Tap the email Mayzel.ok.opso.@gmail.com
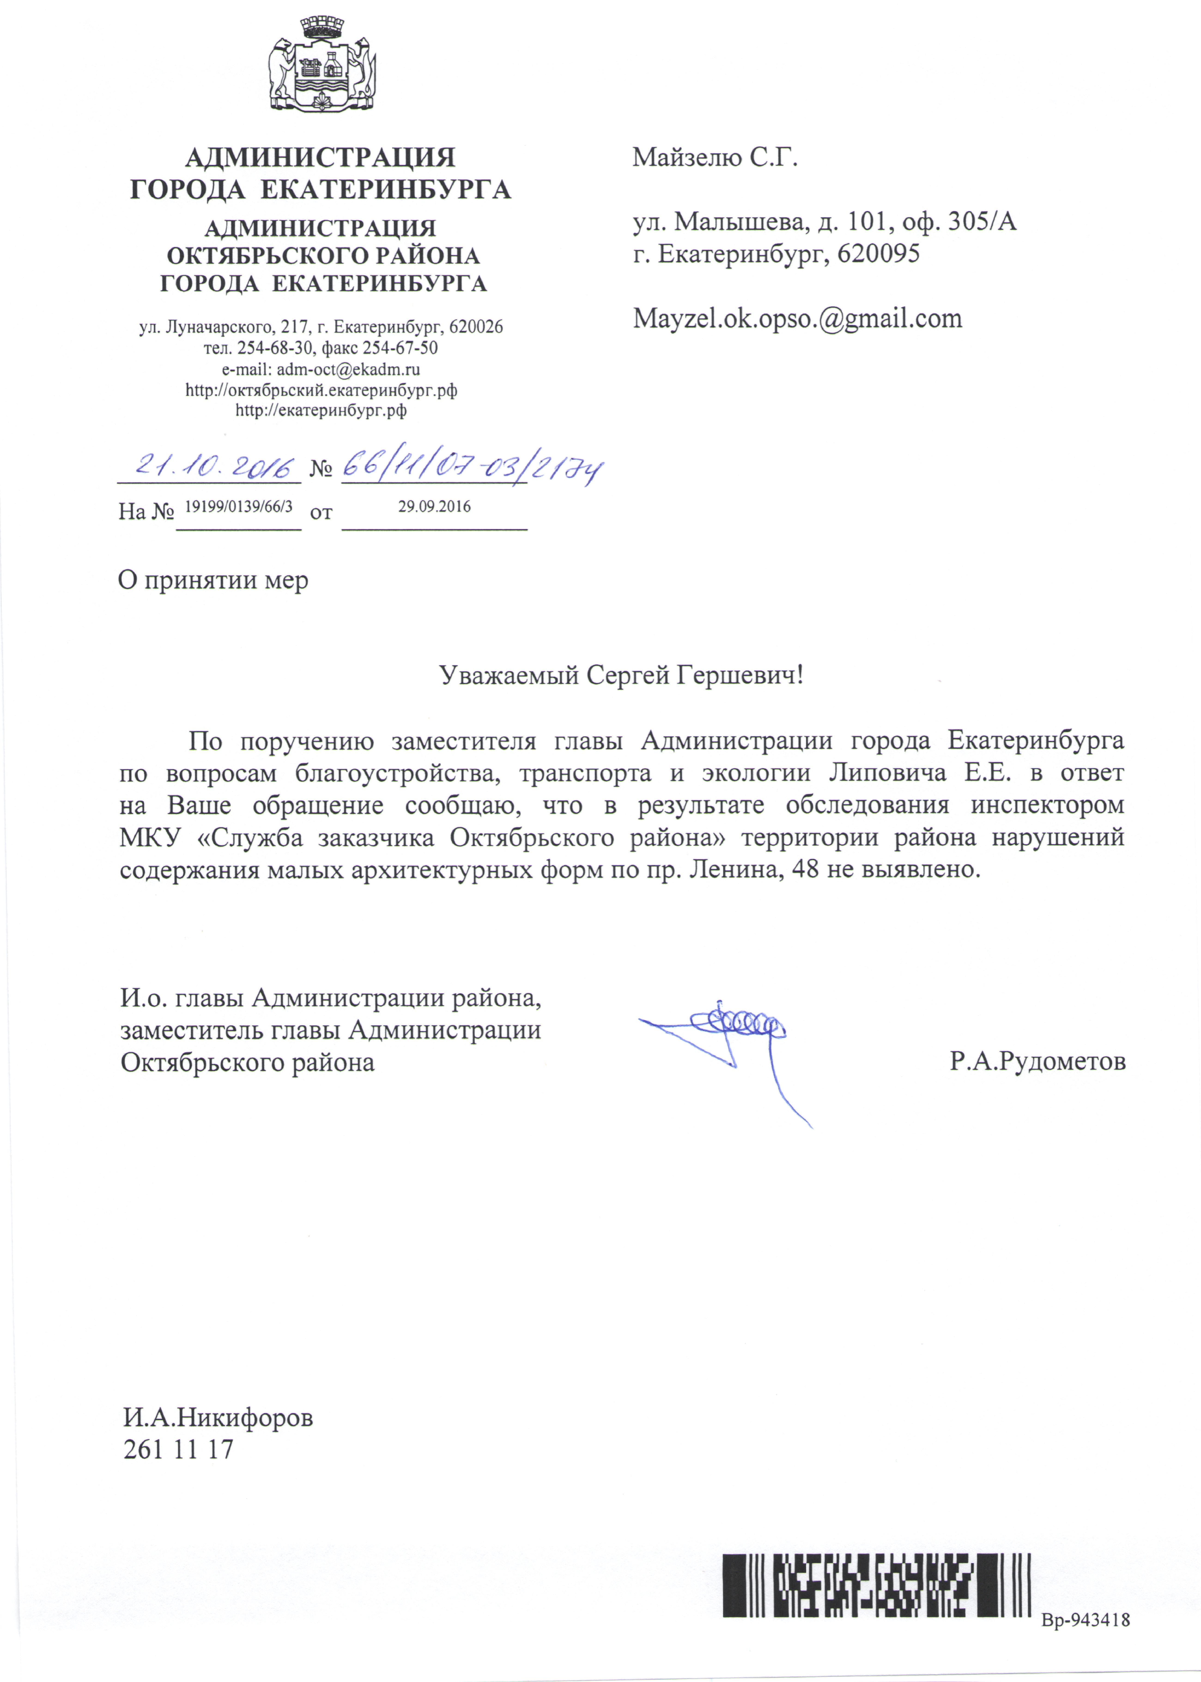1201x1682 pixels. point(797,319)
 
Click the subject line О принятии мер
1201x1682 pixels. point(213,580)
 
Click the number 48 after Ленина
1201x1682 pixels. point(805,870)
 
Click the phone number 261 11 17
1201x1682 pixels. point(178,1450)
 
